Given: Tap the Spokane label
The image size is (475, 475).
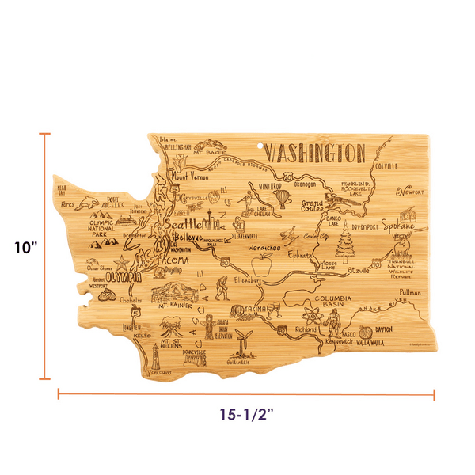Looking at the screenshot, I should click(x=397, y=226).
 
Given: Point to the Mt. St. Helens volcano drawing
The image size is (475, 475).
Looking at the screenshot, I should click(x=170, y=327).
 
